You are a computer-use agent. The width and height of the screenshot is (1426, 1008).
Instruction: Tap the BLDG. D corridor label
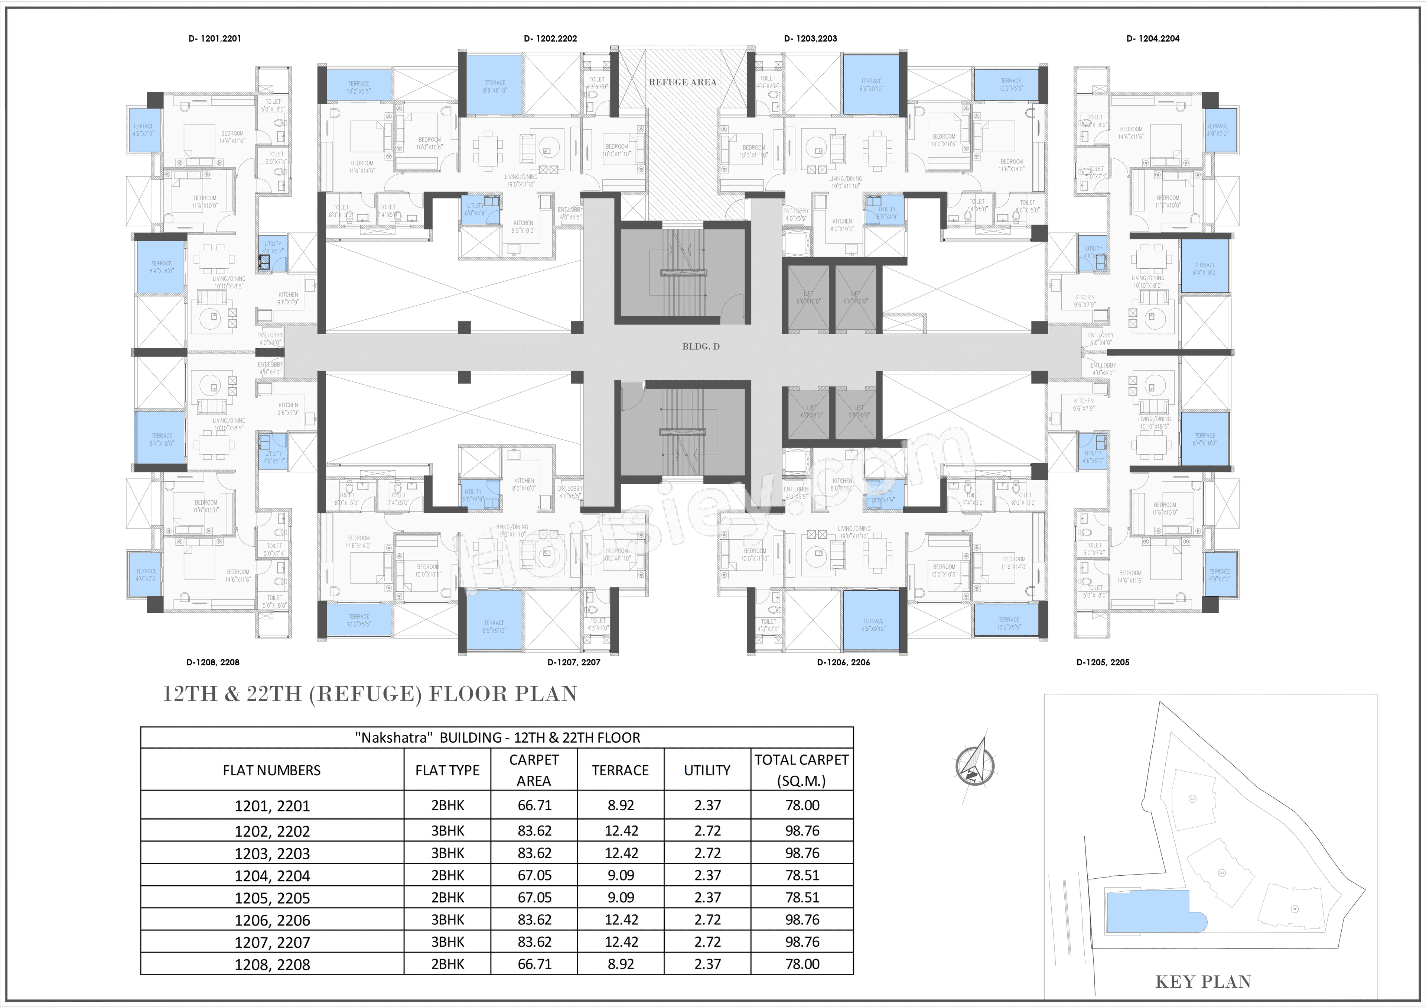pyautogui.click(x=701, y=346)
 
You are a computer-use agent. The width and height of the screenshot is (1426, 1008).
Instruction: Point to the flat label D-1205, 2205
pyautogui.click(x=1103, y=662)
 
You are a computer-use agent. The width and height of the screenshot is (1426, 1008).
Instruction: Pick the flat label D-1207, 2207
pyautogui.click(x=573, y=662)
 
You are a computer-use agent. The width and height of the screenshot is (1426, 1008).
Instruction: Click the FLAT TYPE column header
pyautogui.click(x=447, y=770)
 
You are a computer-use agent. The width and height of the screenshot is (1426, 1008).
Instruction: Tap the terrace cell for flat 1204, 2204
pyautogui.click(x=621, y=875)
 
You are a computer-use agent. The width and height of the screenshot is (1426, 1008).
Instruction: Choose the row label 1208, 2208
pyautogui.click(x=272, y=965)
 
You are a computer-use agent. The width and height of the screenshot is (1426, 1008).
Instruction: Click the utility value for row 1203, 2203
pyautogui.click(x=707, y=853)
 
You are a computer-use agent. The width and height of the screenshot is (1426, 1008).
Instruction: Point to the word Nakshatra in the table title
pyautogui.click(x=393, y=738)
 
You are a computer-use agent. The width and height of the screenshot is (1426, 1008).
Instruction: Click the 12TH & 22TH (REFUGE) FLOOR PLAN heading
pyautogui.click(x=369, y=694)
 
